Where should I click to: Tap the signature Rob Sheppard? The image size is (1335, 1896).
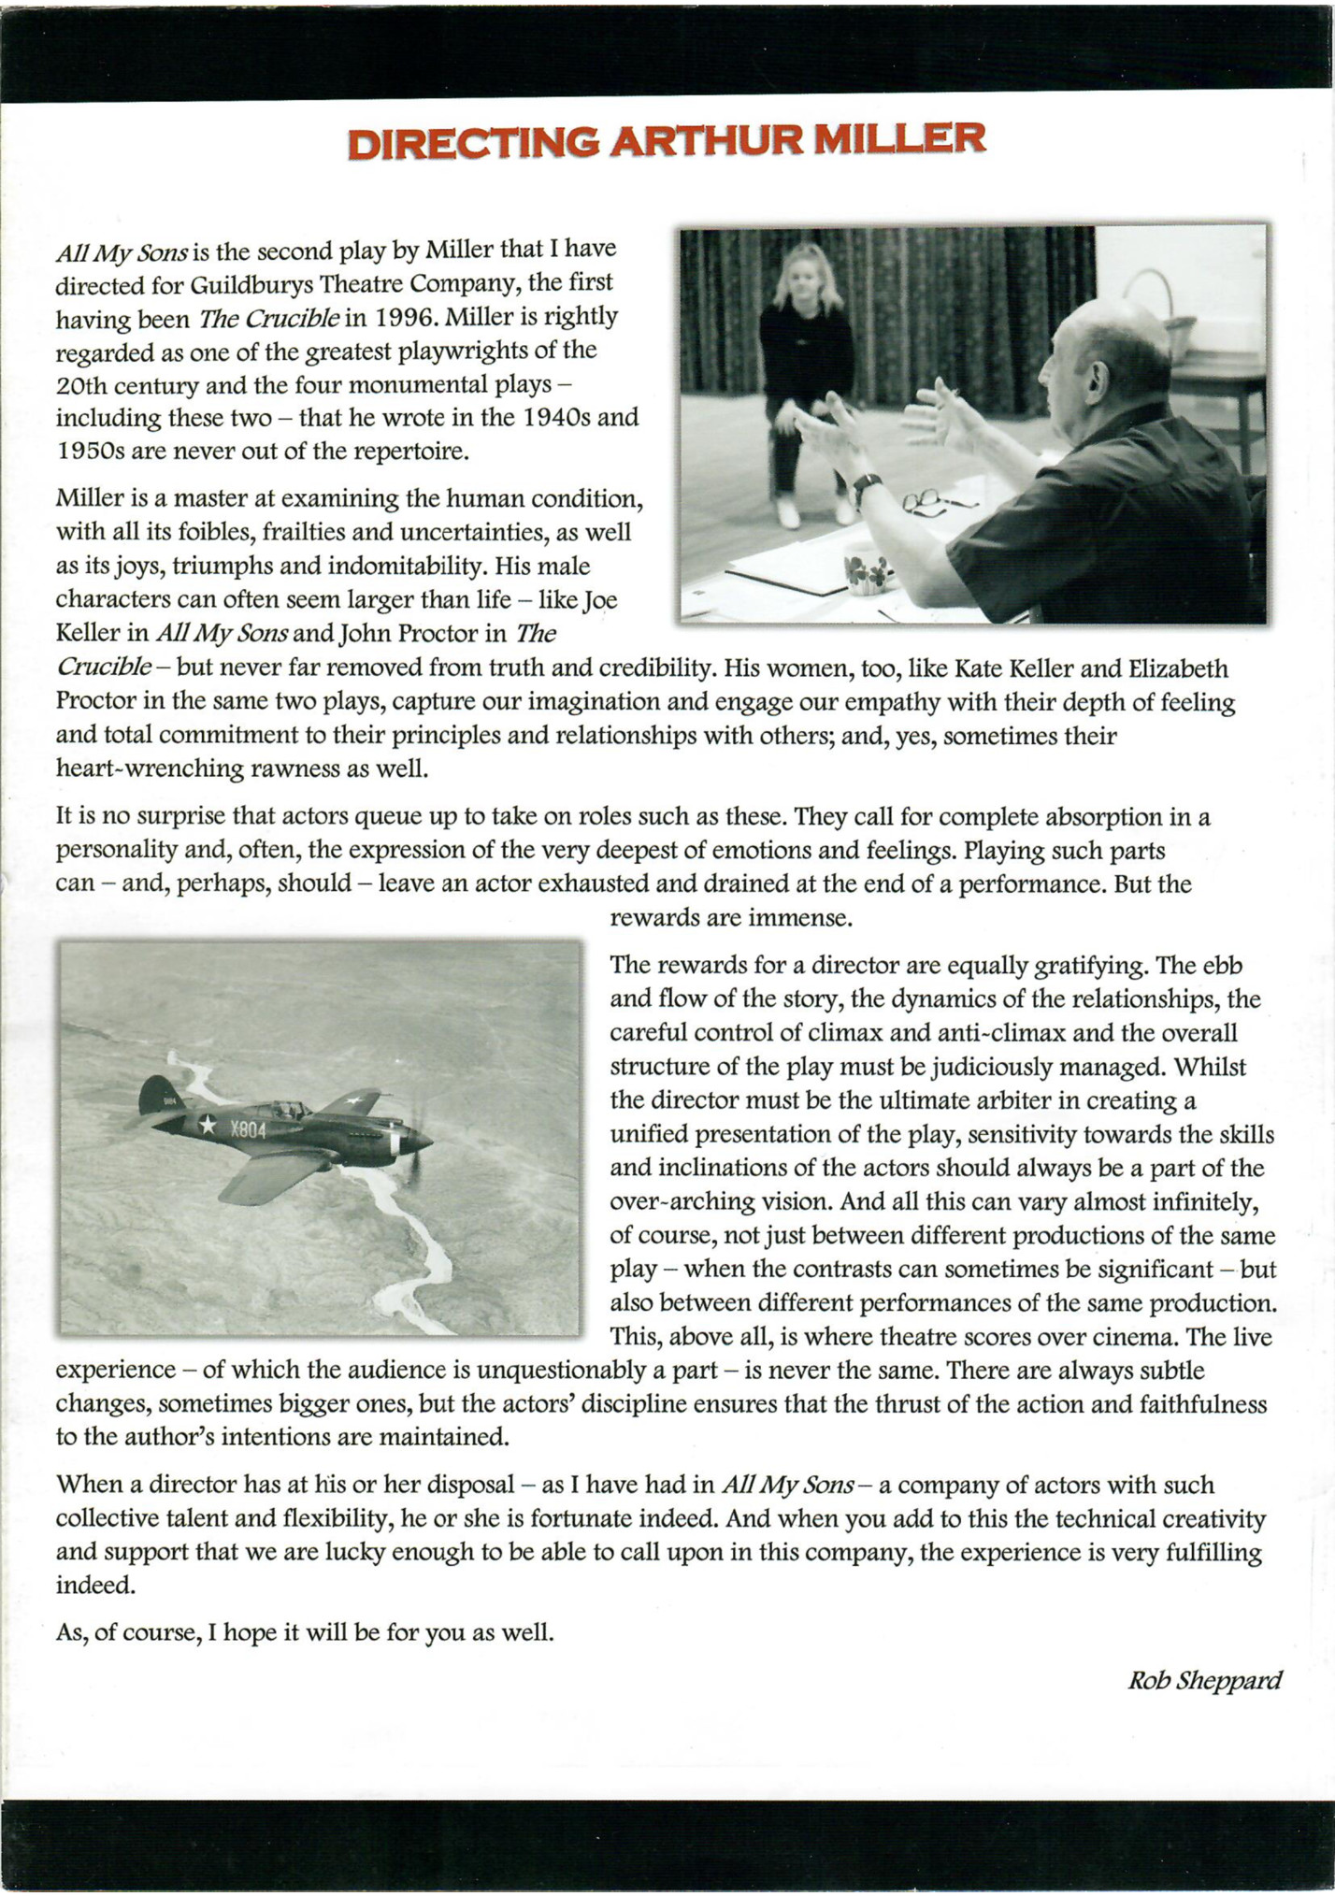(1204, 1680)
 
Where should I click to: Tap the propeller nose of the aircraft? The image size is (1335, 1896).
(421, 1142)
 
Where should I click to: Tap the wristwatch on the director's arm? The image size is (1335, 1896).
(867, 486)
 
